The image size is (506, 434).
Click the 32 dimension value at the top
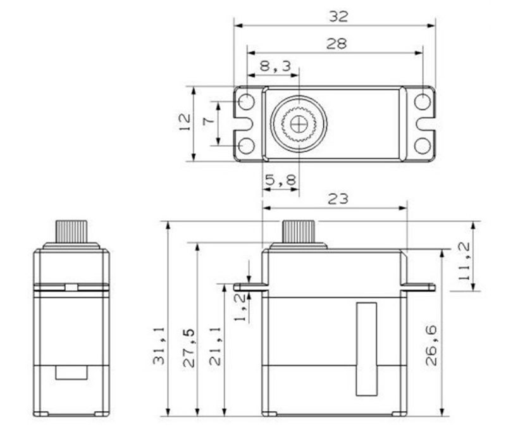click(x=338, y=16)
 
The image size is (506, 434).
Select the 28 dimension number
click(x=336, y=43)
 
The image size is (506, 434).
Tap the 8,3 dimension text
click(x=275, y=66)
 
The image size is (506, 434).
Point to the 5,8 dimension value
click(x=280, y=179)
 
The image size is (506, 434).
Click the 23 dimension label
click(x=338, y=199)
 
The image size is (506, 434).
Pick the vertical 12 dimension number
click(x=185, y=122)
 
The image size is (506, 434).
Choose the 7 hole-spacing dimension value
click(x=209, y=121)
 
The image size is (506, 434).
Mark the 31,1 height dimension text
click(x=159, y=346)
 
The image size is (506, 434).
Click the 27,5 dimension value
click(x=189, y=348)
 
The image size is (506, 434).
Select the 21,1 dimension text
click(x=215, y=347)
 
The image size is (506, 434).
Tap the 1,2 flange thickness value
click(x=240, y=307)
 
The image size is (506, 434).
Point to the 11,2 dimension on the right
click(x=464, y=261)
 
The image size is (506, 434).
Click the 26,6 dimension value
click(x=431, y=345)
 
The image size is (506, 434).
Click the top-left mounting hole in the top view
click(x=246, y=102)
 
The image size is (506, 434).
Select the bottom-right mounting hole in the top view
click(x=423, y=146)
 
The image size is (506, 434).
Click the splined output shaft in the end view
click(x=71, y=232)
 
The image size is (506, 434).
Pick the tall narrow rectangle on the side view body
click(x=367, y=349)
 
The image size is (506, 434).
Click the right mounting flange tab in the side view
click(x=418, y=287)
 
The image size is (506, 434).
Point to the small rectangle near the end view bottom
click(x=71, y=373)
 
